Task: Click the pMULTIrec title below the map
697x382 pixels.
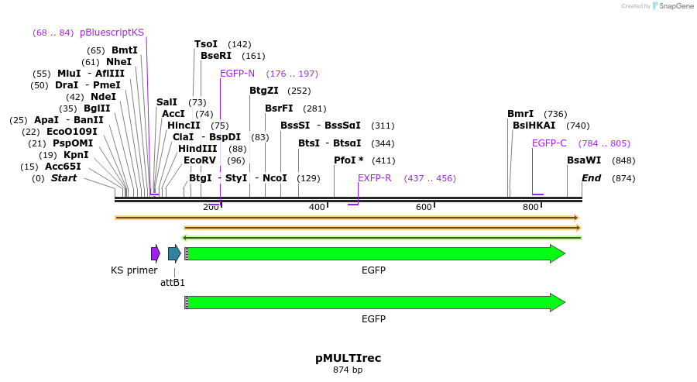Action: click(348, 358)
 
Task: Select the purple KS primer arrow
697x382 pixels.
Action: click(155, 253)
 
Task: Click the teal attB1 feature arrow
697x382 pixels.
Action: click(174, 253)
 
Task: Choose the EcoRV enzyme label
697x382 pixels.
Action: click(199, 160)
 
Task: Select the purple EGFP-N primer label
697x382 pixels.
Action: click(237, 74)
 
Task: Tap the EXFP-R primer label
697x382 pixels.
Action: click(374, 178)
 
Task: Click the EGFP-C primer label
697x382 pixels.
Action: click(549, 143)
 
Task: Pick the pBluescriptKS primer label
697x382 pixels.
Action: click(112, 33)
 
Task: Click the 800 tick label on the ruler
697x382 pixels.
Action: click(530, 208)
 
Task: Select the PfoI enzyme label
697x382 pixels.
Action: click(348, 160)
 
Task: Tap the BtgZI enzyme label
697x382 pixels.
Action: click(264, 91)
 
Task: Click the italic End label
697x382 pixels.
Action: click(591, 178)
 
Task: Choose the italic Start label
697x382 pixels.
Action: click(64, 178)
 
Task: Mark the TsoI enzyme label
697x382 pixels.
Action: click(206, 44)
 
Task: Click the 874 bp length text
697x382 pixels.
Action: click(348, 370)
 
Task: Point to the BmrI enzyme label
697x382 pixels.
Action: click(520, 113)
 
